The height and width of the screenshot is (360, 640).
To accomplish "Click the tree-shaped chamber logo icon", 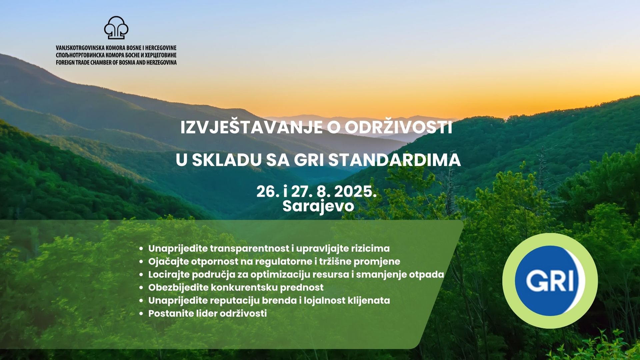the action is pyautogui.click(x=116, y=28).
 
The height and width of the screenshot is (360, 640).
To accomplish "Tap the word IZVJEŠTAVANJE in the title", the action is pyautogui.click(x=251, y=128).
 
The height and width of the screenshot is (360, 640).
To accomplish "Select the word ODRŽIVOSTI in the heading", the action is pyautogui.click(x=398, y=128).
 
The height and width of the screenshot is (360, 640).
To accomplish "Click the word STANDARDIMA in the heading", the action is pyautogui.click(x=395, y=160).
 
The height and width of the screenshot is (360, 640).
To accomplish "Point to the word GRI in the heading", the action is pyautogui.click(x=309, y=160).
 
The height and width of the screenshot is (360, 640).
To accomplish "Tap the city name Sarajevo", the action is pyautogui.click(x=318, y=206).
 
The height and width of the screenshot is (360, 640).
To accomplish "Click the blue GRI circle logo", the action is pyautogui.click(x=550, y=280).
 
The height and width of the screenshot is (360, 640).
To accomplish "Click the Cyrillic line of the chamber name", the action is pyautogui.click(x=116, y=55).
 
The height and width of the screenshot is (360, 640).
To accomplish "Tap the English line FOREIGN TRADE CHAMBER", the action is pyautogui.click(x=116, y=62).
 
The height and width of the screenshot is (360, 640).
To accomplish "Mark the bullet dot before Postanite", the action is pyautogui.click(x=142, y=314).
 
